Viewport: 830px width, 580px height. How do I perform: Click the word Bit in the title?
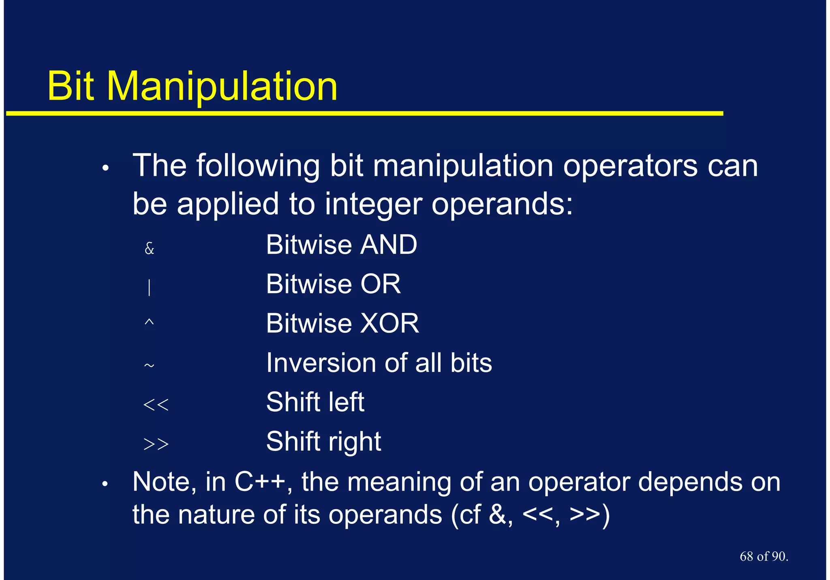(x=71, y=87)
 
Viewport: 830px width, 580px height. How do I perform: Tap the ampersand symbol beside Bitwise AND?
(x=150, y=248)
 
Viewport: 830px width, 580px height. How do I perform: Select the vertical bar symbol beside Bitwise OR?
(x=150, y=287)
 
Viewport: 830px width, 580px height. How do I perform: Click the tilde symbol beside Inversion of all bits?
(x=149, y=365)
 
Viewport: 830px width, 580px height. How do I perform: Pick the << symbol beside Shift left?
(x=156, y=404)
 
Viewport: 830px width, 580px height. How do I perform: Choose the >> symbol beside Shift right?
(x=156, y=444)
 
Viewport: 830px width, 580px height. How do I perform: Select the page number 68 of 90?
(x=764, y=556)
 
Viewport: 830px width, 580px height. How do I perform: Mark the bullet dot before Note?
(x=105, y=484)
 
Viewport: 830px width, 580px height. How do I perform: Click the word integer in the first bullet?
(x=373, y=204)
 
